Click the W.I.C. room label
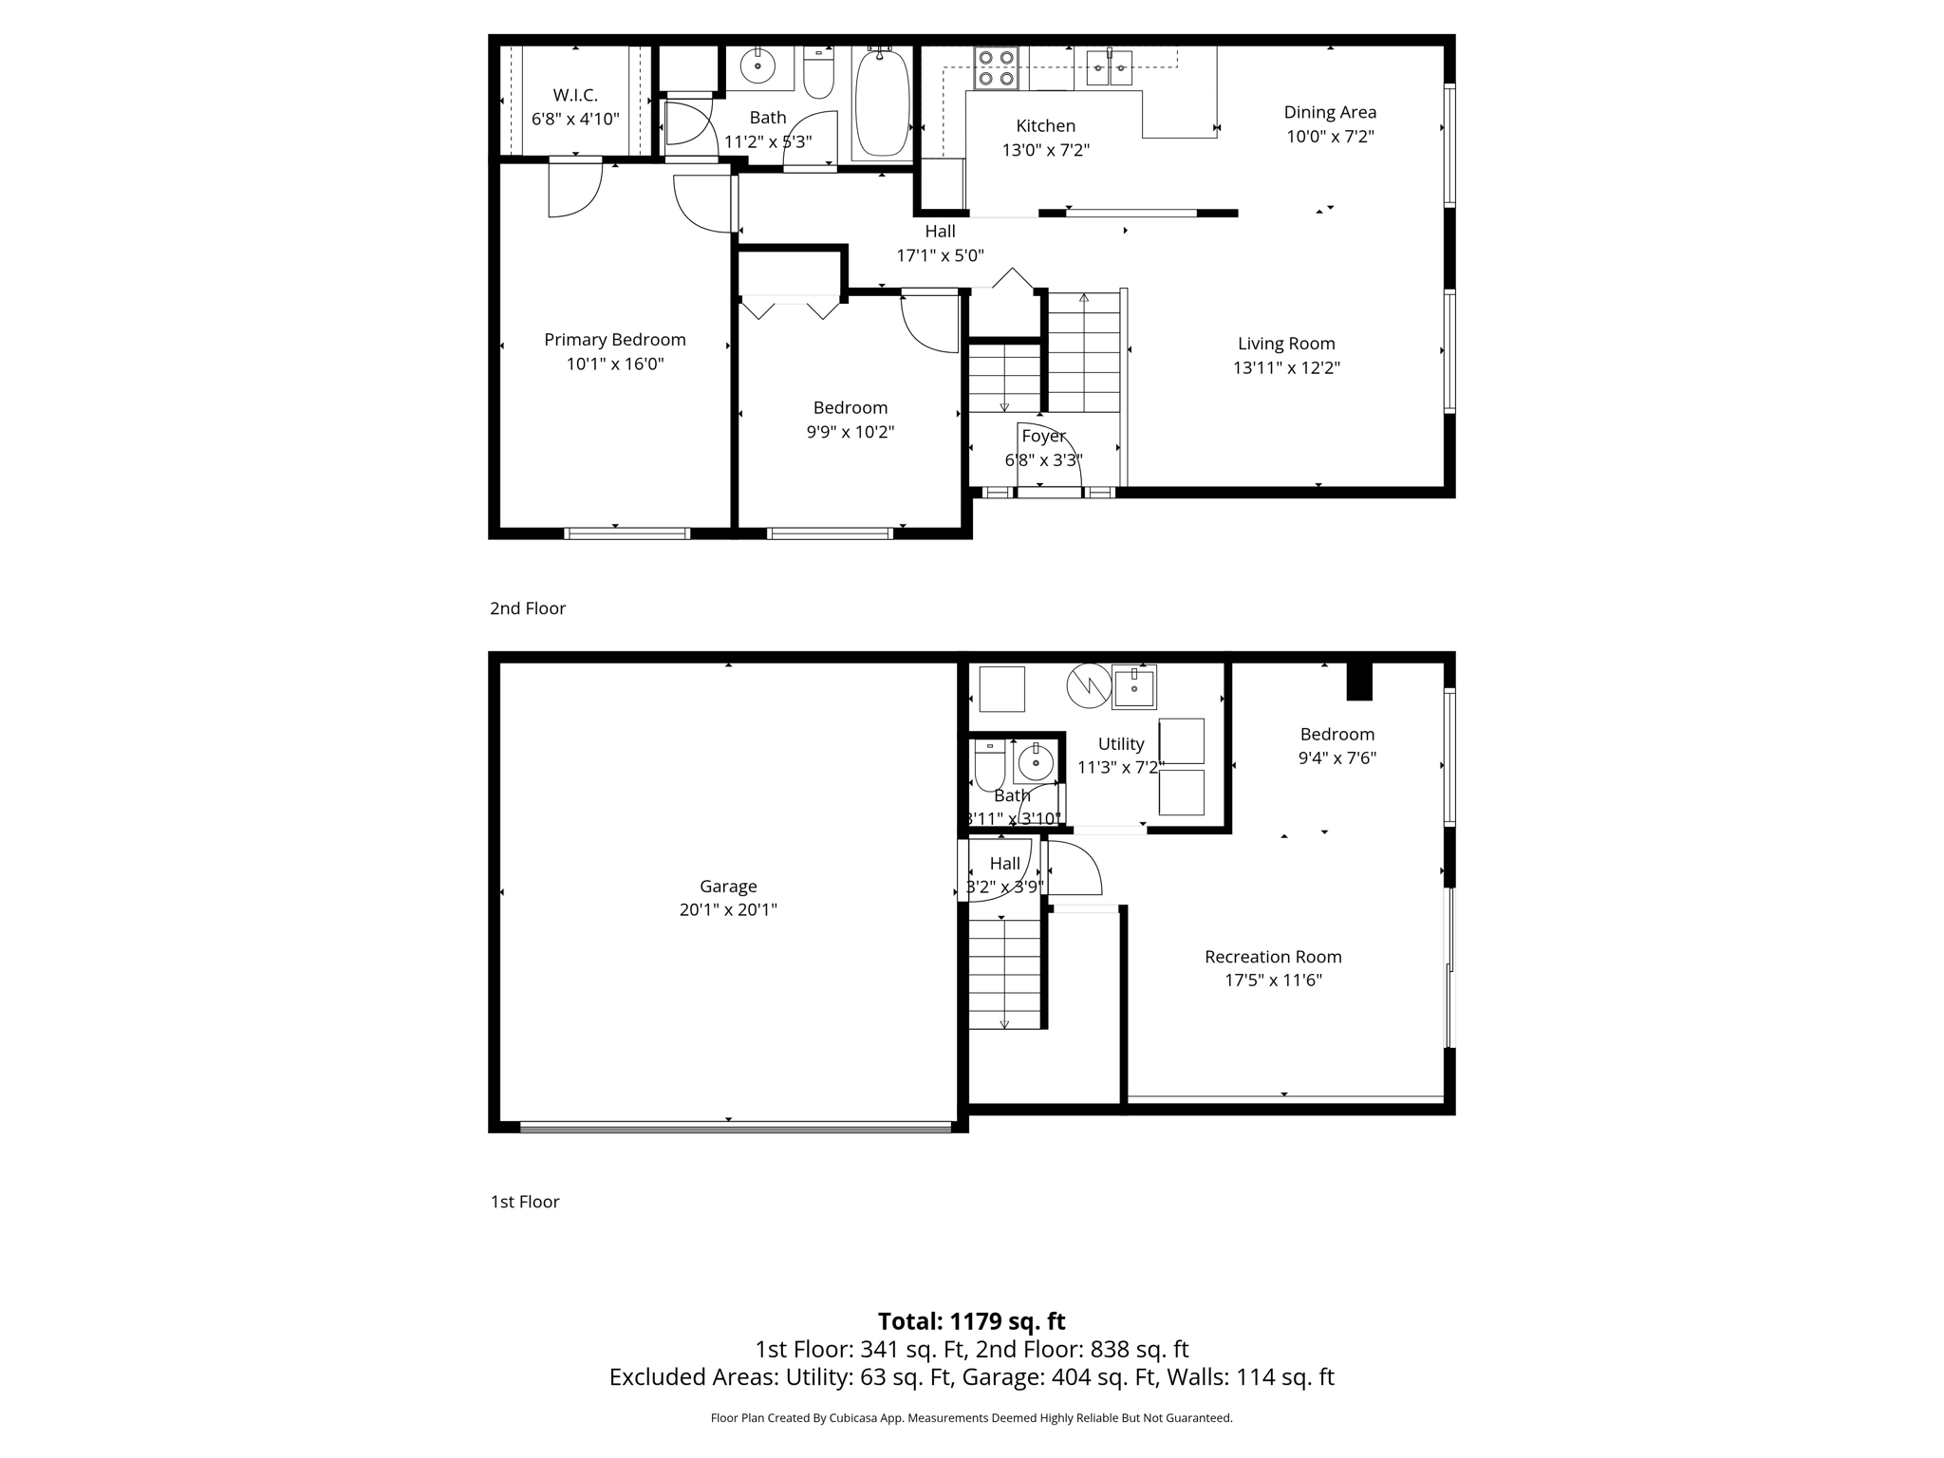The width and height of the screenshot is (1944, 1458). [575, 95]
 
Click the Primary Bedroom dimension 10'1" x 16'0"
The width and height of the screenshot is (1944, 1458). [615, 364]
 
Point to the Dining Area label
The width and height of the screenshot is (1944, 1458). [1330, 112]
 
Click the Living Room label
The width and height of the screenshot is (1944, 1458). [1286, 344]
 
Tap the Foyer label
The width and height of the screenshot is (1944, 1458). [1043, 436]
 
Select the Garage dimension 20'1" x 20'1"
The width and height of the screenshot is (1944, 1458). [728, 909]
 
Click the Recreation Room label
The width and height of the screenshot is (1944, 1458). [1273, 956]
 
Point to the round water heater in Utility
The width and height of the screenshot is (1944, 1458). [1089, 685]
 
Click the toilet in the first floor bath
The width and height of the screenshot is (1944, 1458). [989, 764]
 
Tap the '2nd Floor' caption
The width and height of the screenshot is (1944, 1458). [528, 608]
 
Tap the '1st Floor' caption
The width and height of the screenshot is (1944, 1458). [525, 1202]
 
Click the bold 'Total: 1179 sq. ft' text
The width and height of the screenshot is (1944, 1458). [971, 1321]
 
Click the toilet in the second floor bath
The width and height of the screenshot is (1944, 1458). [818, 74]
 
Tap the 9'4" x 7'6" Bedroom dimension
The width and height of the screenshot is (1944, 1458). [1336, 757]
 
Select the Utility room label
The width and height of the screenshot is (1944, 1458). [1121, 743]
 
